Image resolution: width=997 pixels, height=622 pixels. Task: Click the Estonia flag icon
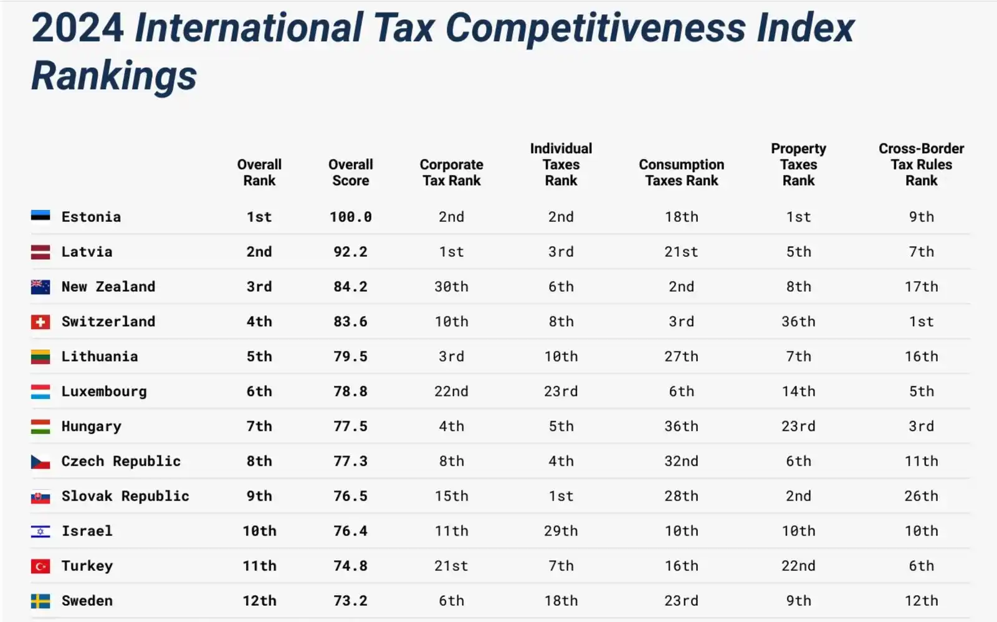41,216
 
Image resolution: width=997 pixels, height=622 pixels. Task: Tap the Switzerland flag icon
41,322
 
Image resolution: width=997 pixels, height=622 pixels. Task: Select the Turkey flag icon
41,566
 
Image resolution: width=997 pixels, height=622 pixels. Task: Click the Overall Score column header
351,173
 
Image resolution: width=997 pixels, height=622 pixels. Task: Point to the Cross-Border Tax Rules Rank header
921,165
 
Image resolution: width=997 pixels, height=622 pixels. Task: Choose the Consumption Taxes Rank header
681,173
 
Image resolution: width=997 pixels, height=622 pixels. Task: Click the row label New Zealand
108,287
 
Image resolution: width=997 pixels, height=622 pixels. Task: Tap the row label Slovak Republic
125,496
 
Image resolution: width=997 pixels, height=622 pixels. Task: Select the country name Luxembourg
104,391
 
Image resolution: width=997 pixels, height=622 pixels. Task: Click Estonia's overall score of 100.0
351,217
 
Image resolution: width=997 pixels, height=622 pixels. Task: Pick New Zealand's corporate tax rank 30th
451,287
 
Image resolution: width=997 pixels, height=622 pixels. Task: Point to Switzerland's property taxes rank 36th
798,322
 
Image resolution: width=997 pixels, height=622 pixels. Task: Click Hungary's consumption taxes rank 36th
681,426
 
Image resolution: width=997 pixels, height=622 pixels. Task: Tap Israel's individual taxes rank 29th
561,531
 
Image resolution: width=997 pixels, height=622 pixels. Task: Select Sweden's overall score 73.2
351,601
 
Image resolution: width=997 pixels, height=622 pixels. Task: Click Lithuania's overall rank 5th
259,356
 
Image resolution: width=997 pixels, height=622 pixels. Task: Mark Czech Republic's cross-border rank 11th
921,461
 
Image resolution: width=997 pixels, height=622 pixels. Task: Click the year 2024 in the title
78,28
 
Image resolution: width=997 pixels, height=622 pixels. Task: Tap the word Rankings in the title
114,76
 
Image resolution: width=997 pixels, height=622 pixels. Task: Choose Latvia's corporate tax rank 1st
451,252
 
